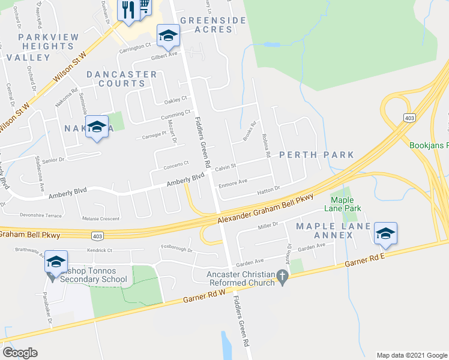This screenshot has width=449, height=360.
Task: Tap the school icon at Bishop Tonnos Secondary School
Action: point(56,262)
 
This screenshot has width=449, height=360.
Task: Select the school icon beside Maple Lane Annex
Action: point(385,232)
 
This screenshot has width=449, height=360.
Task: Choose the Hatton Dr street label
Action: point(269,189)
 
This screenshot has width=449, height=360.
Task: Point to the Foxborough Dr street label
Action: point(176,248)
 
